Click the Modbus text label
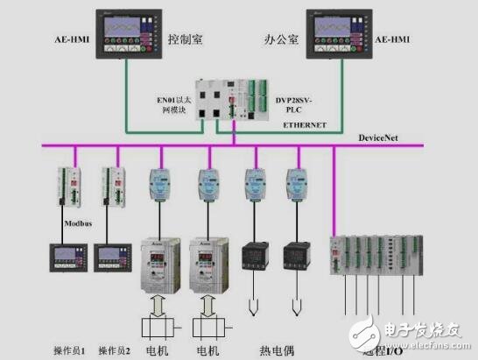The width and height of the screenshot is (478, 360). (55, 223)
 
